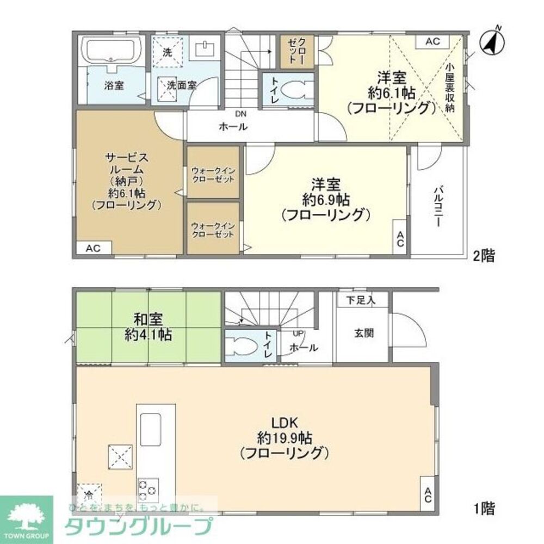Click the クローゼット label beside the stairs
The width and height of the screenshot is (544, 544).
(x=297, y=52)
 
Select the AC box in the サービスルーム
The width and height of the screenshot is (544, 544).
(x=93, y=248)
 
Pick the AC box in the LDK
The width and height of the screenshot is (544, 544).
(x=428, y=495)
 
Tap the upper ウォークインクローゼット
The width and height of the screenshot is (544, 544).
(x=213, y=172)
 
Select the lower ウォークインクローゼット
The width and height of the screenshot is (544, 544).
(x=213, y=228)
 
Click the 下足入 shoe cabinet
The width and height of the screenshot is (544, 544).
(x=361, y=299)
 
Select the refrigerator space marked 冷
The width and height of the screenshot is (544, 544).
(x=88, y=494)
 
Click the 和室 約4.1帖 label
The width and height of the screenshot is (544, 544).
(x=148, y=326)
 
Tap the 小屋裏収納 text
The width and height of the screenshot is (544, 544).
(x=449, y=88)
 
